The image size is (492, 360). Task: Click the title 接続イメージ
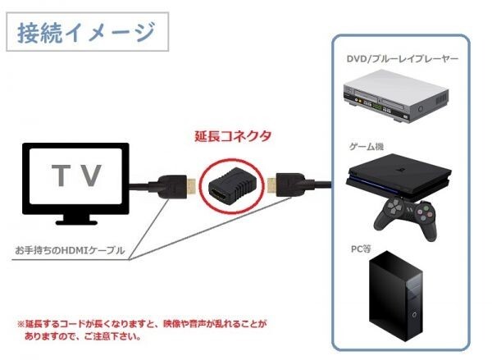coord(86,32)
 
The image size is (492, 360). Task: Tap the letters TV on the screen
coord(76,175)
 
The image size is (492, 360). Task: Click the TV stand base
coord(76,222)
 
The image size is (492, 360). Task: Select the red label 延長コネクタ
coord(233,136)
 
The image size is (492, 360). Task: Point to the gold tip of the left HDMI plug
coord(191,187)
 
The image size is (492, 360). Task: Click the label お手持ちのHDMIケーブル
coord(70,250)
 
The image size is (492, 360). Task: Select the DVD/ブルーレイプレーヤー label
coord(403,59)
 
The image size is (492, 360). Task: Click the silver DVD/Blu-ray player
coord(396,97)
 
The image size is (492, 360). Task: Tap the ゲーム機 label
coord(367,147)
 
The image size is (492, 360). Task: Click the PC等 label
coord(361,249)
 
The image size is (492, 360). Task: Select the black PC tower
coord(395,296)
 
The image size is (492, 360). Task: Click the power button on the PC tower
coord(415,314)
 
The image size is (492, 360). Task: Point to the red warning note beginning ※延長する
coord(142,330)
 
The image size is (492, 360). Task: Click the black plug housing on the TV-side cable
coord(171,187)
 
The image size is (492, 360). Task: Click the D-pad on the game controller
coord(393,207)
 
